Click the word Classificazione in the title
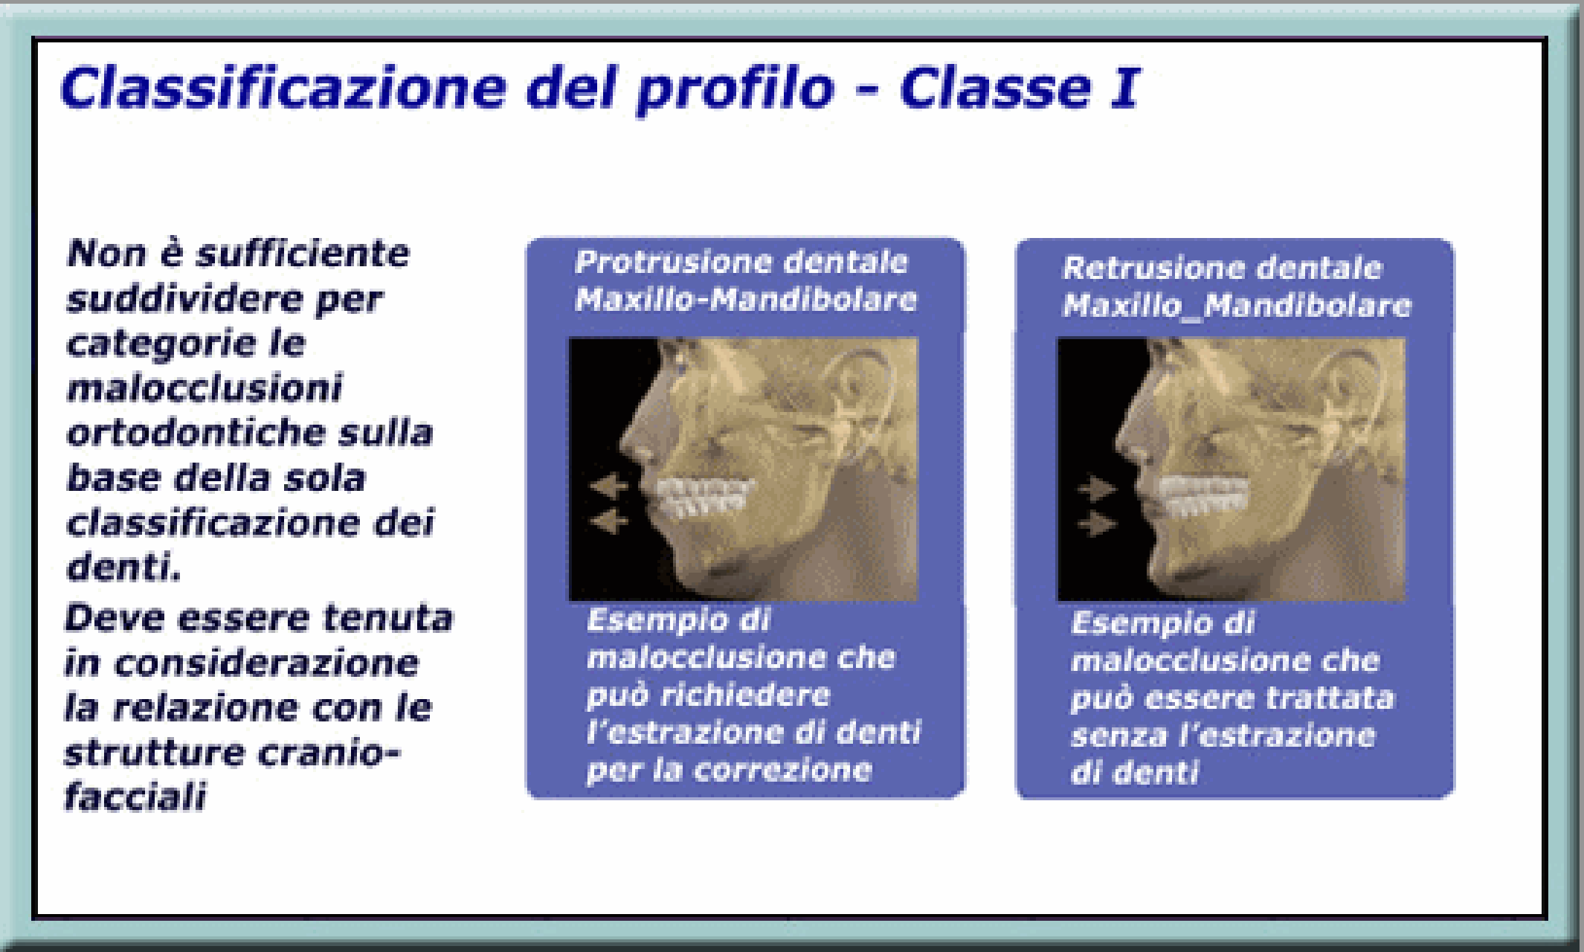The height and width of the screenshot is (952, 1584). (x=283, y=88)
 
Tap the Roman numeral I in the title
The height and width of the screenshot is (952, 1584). (x=1125, y=88)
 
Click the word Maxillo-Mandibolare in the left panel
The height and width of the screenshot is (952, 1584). (x=746, y=299)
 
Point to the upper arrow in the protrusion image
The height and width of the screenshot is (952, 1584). (x=609, y=487)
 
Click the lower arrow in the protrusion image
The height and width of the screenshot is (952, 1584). (x=609, y=521)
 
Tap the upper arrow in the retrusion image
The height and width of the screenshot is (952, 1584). (x=1097, y=489)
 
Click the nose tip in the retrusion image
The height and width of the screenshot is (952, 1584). (x=1118, y=447)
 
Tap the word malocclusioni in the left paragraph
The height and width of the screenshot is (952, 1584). (x=205, y=388)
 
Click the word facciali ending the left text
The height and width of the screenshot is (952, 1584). (x=135, y=797)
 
